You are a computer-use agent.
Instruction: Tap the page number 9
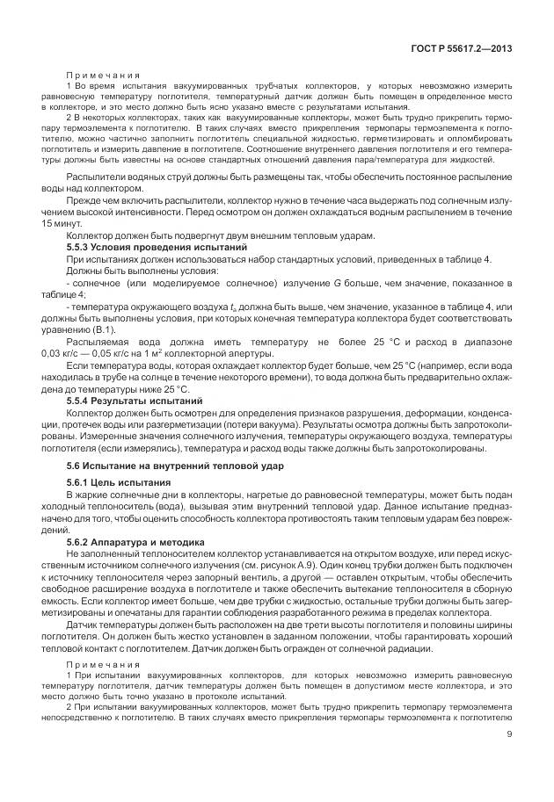click(x=510, y=760)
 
